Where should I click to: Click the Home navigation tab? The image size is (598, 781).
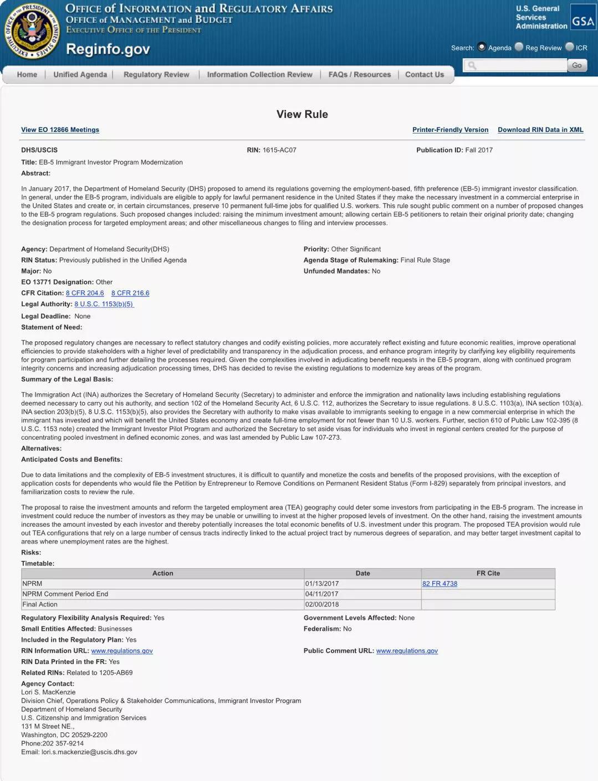(x=27, y=75)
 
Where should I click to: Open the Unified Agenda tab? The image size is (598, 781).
(x=80, y=75)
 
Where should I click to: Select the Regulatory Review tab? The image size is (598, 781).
(x=156, y=75)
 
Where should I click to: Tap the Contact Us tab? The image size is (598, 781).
(x=424, y=75)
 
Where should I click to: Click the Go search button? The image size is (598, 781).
(x=576, y=65)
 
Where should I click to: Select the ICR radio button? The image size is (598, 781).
(x=569, y=47)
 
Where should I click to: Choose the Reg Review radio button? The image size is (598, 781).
(x=519, y=47)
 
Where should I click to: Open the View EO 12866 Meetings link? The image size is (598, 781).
(x=60, y=130)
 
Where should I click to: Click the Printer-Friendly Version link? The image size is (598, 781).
(x=450, y=130)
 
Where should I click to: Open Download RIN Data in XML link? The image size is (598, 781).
(x=540, y=130)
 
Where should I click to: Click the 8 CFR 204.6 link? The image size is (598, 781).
(x=85, y=293)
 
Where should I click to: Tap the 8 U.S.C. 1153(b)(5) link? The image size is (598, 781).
(x=104, y=304)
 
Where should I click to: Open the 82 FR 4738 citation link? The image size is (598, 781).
(x=439, y=583)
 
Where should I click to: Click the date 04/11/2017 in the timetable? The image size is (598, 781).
(x=321, y=594)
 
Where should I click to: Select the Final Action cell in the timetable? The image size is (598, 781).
(x=40, y=604)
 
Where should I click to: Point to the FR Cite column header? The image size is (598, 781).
(x=488, y=573)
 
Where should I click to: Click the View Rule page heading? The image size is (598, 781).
(x=302, y=114)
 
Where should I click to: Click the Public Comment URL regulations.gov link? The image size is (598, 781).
(x=407, y=651)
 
